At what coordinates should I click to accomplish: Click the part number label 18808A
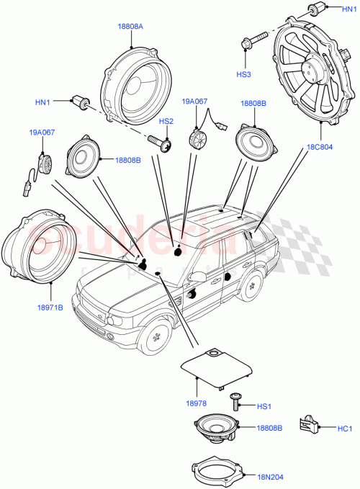(x=130, y=26)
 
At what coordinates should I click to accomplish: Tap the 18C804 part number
(x=318, y=147)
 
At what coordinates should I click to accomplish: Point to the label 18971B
(x=50, y=308)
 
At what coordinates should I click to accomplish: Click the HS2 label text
(x=166, y=122)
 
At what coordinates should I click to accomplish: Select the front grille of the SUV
(x=93, y=318)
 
